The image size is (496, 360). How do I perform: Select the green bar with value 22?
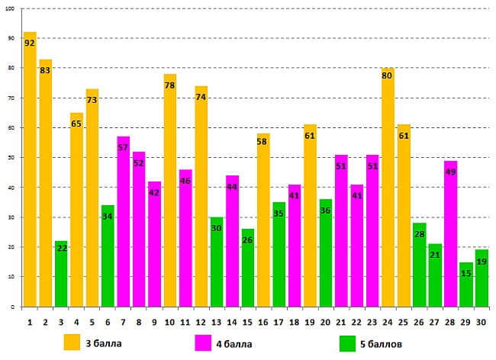point(61,274)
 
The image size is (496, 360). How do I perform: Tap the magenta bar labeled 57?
point(124,221)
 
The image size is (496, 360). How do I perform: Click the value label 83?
point(45,70)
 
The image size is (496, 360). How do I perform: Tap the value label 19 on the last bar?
point(481,262)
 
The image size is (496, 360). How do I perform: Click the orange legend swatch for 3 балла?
point(72,342)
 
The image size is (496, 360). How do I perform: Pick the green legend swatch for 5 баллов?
point(348,343)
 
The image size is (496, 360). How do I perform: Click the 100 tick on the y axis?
point(11,9)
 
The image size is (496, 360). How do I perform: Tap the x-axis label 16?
point(263,323)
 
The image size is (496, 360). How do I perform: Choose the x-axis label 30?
point(481,323)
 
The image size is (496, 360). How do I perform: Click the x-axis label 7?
point(124,323)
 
